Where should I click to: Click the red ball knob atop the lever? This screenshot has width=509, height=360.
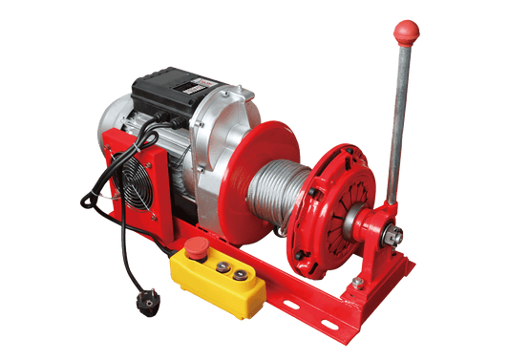point(406,29)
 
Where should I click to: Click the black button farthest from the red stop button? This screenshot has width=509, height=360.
point(240,276)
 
